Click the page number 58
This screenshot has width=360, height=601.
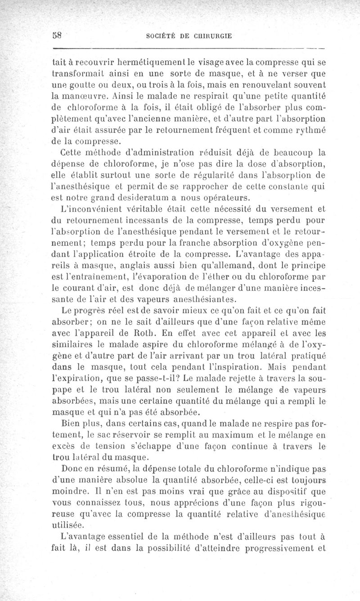click(57, 36)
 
